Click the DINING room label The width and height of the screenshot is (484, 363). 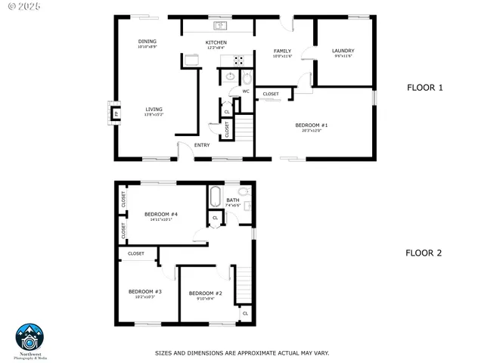(147, 42)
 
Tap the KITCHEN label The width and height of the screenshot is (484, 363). (217, 42)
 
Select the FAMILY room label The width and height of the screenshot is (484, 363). (282, 51)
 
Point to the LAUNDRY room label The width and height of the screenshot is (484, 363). (343, 51)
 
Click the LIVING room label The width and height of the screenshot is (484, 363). (154, 109)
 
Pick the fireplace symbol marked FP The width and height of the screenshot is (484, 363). (116, 114)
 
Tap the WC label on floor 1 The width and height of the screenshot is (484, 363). (246, 92)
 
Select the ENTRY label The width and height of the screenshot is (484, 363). (202, 144)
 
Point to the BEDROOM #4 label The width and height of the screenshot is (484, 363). (159, 214)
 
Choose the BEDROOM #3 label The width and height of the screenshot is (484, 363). (145, 291)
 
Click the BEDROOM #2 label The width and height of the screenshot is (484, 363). (205, 293)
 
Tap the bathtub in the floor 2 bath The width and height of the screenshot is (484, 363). (215, 195)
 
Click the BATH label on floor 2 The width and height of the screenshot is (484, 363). (232, 200)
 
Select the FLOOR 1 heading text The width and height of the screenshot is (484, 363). (424, 88)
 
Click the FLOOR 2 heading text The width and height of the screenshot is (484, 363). (423, 253)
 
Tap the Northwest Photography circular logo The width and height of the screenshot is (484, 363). (30, 336)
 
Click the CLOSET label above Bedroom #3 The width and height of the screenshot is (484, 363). (136, 253)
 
